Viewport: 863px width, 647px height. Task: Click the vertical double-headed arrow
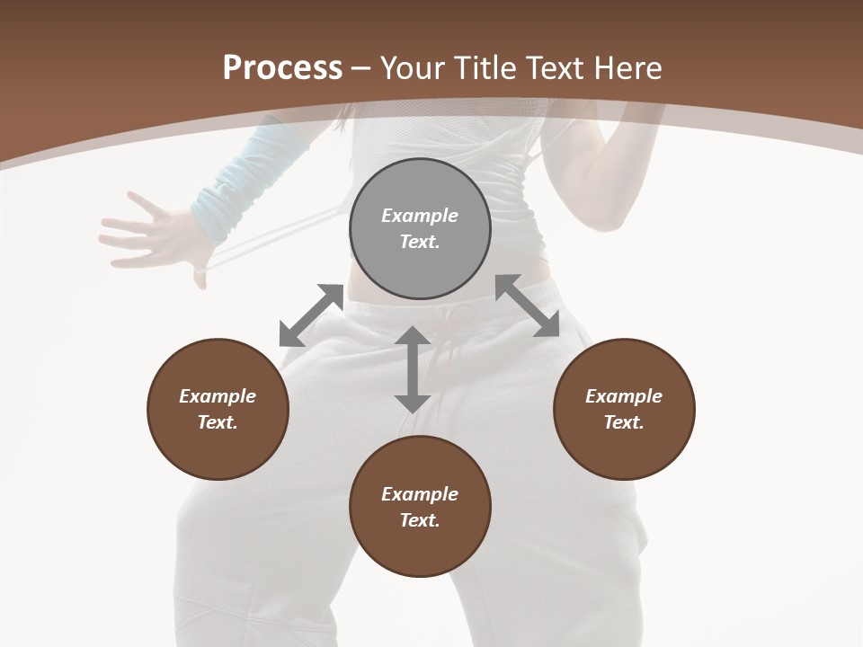click(x=413, y=369)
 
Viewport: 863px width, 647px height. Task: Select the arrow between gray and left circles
click(x=311, y=315)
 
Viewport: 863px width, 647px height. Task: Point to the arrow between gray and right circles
click(x=527, y=306)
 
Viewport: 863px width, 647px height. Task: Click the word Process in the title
click(x=282, y=67)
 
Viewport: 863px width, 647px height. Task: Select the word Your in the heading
click(x=414, y=67)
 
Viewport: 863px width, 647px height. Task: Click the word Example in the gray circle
click(x=420, y=216)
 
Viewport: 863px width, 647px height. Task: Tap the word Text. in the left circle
click(x=218, y=422)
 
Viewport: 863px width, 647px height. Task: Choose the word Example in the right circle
click(x=624, y=396)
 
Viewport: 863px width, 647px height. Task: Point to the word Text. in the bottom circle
click(x=420, y=520)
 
